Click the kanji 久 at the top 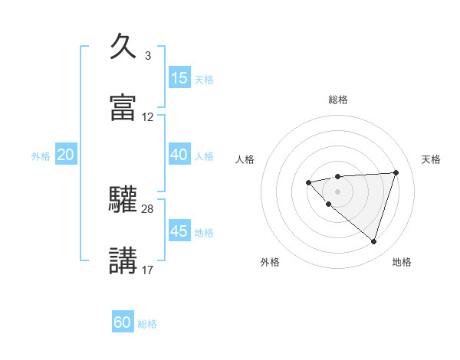pos(123,47)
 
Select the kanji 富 pos(123,108)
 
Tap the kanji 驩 pos(123,200)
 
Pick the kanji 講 pos(123,260)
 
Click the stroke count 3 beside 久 pos(147,56)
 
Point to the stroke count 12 pos(148,117)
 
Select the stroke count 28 pos(148,208)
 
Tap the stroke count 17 pos(148,270)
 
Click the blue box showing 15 pos(179,78)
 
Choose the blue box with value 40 pos(179,155)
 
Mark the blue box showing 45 pos(179,231)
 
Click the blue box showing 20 pos(65,155)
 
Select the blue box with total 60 pos(123,322)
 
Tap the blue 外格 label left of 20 pos(41,156)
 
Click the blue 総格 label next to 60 pos(147,324)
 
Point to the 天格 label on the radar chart pos(432,159)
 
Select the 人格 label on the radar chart pos(245,159)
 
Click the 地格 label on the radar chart pos(402,263)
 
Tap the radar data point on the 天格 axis pos(396,172)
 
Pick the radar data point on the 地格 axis pos(373,242)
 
